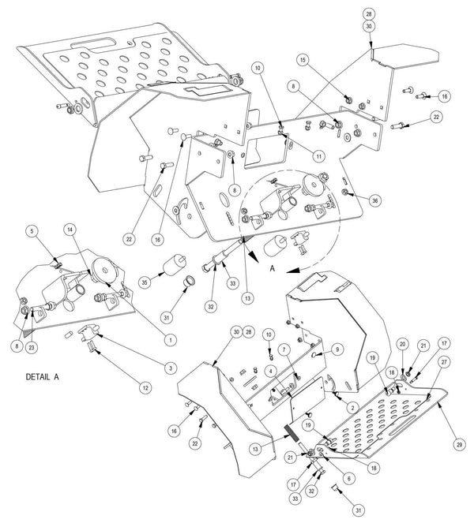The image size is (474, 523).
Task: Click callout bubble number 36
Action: coord(375,200)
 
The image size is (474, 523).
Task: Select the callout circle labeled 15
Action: coord(303,60)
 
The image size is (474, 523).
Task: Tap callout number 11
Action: coord(319,155)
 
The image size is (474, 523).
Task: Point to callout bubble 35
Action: coord(145,282)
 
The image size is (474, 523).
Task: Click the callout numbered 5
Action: coord(32,231)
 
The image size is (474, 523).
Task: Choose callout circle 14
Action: coord(70,230)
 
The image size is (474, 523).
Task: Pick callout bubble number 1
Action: coord(171,340)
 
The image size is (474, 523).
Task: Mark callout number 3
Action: coord(171,368)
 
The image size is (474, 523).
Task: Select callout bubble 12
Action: coord(145,388)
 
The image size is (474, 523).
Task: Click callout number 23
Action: coord(32,348)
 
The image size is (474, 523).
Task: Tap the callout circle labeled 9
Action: coord(337,349)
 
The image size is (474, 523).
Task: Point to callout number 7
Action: coord(284,349)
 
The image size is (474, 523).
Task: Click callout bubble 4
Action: coord(271,371)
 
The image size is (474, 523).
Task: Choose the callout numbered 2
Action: coord(352,407)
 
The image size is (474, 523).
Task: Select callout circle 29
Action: coord(460,444)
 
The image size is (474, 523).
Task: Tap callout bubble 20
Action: coord(403,344)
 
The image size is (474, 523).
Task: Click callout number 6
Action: coord(348,478)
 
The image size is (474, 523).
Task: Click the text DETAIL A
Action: coord(43,377)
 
